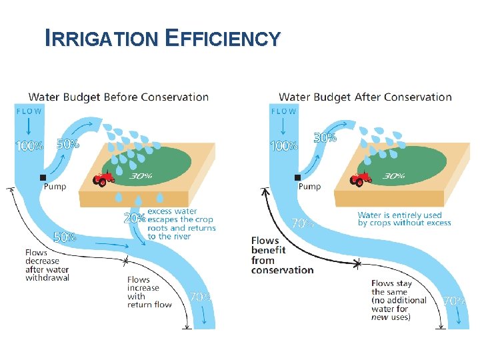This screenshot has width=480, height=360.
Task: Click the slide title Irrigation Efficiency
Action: [162, 38]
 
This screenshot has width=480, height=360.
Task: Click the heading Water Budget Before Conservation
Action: [118, 97]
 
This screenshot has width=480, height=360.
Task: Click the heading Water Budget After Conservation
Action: [365, 97]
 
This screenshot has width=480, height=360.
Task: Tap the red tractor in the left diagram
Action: [103, 179]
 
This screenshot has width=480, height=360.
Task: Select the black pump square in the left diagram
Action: [43, 177]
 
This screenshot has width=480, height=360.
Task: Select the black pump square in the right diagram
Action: [297, 177]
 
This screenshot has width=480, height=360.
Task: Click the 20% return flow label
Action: [134, 218]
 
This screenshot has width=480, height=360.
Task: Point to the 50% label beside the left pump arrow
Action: [68, 143]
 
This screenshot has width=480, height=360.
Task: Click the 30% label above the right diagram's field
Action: [325, 138]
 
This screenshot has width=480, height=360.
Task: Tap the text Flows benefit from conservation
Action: [282, 255]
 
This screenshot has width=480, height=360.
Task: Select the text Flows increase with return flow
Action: [149, 292]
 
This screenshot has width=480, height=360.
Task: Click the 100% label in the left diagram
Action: [29, 146]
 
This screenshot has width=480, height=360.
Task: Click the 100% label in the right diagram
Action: [283, 145]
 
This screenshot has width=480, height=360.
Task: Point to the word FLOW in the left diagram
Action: [29, 111]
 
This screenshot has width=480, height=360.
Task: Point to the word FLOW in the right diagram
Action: [283, 111]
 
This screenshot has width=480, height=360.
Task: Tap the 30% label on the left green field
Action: [141, 176]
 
